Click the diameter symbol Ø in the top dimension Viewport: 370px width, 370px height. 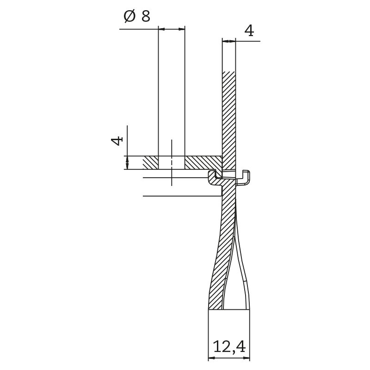point(129,17)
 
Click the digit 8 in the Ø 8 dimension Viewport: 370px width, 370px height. point(145,17)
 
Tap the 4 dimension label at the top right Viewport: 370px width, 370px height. point(249,31)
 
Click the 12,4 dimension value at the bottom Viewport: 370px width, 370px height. point(228,346)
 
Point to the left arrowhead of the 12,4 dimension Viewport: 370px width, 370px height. point(211,358)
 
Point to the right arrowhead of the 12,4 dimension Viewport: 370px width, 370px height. point(247,358)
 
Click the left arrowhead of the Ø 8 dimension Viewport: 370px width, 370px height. point(161,29)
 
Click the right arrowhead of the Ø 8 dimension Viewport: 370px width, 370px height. point(182,29)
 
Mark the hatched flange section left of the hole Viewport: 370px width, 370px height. point(150,163)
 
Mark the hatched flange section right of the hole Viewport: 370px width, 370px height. point(201,162)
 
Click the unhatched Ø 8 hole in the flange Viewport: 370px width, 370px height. point(172,163)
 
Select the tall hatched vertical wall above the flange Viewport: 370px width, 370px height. point(229,116)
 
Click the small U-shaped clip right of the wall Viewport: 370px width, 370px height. point(245,178)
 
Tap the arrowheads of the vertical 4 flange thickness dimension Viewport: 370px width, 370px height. point(127,163)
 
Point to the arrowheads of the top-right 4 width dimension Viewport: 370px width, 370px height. point(229,41)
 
